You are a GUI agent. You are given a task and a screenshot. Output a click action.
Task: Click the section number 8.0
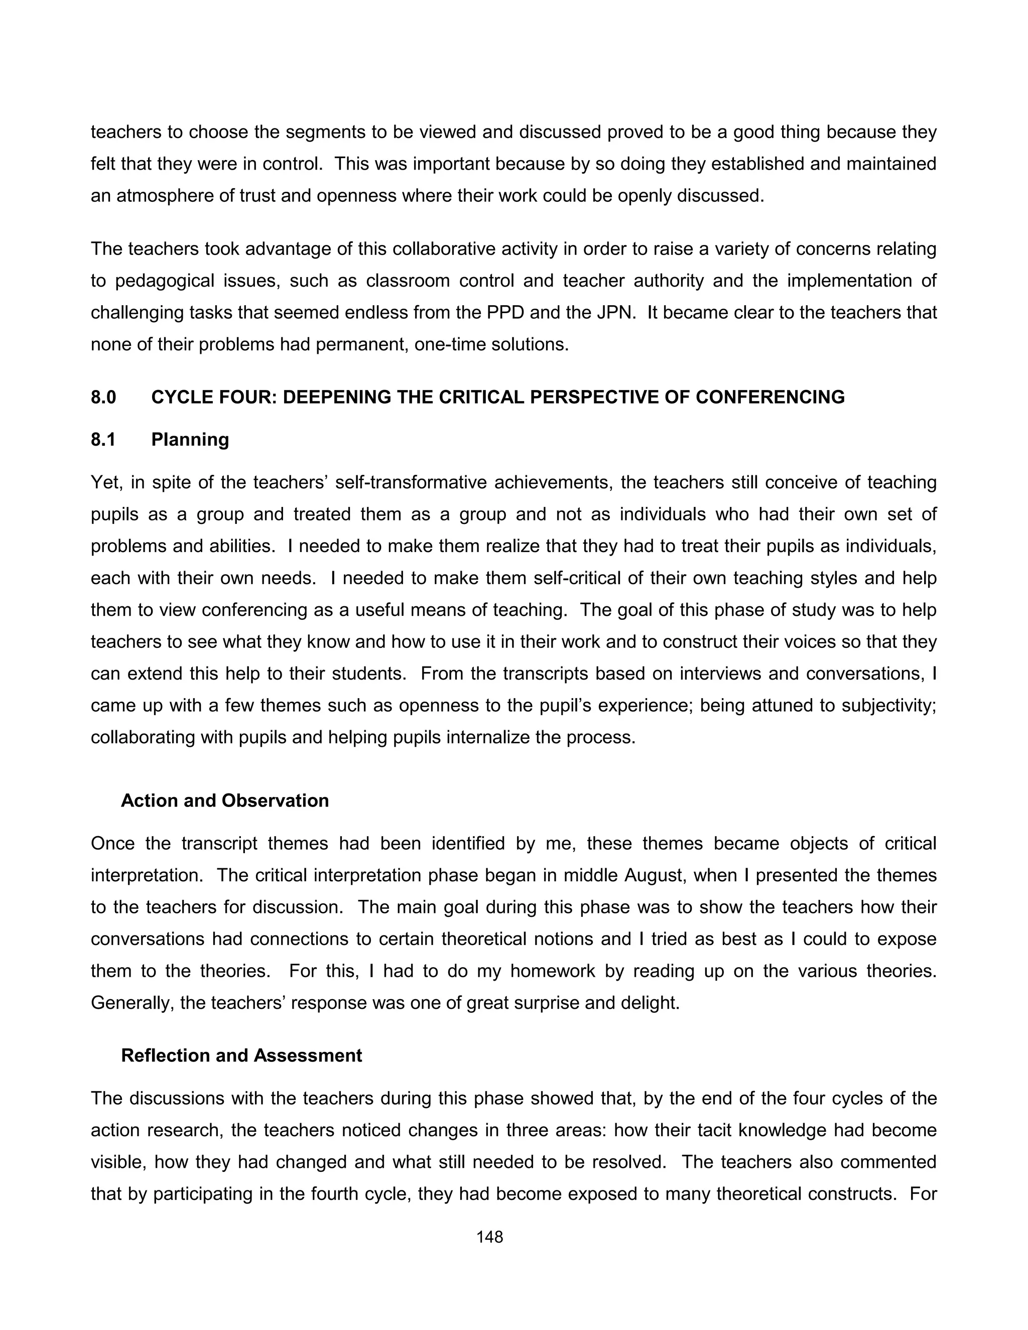click(x=103, y=397)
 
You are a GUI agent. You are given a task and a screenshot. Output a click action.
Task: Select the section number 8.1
click(x=103, y=439)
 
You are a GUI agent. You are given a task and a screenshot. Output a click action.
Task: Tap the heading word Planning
click(x=190, y=439)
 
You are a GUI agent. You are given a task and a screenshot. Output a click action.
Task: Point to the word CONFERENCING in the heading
click(x=770, y=397)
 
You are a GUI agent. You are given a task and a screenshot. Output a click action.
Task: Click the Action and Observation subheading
click(x=225, y=800)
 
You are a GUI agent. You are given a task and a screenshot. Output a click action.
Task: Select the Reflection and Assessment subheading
click(x=241, y=1055)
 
